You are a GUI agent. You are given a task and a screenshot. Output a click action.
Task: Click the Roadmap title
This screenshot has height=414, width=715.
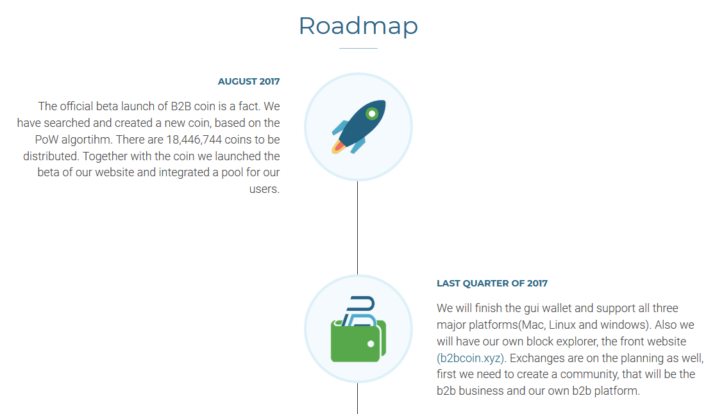(x=358, y=26)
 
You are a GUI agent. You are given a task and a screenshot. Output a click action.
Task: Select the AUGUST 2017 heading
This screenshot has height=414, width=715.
(x=249, y=81)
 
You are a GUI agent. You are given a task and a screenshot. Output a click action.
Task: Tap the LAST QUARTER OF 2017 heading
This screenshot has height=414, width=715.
(x=492, y=283)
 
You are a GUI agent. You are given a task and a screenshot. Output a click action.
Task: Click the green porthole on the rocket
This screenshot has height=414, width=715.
(x=372, y=113)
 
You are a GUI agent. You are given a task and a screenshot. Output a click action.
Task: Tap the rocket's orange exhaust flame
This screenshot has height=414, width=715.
(x=338, y=147)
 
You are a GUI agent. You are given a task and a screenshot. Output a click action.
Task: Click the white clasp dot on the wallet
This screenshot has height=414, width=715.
(x=371, y=344)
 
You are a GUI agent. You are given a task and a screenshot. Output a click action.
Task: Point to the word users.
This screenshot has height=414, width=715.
(x=264, y=189)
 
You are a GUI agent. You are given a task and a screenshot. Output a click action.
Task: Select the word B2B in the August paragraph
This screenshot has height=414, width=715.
(x=181, y=106)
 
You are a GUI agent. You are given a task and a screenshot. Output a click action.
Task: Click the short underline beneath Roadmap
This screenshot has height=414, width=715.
(x=358, y=48)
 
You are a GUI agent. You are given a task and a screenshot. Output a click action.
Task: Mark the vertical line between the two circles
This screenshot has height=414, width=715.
(x=358, y=228)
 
